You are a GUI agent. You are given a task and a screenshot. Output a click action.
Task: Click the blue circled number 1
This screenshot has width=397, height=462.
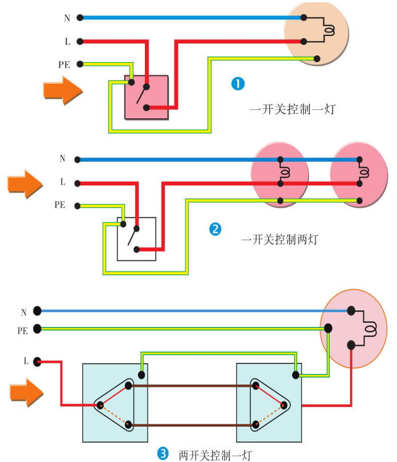click(x=237, y=84)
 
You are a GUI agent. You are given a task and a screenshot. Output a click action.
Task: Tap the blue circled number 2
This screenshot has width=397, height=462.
click(x=215, y=229)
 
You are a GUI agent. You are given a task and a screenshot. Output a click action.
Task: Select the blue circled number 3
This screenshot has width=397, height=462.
click(x=163, y=453)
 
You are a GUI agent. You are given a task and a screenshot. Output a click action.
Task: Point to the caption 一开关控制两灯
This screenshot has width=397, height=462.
click(x=280, y=240)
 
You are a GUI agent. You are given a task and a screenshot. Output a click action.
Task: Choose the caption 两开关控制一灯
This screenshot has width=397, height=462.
click(x=214, y=455)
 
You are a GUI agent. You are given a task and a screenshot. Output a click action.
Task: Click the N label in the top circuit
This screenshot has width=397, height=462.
click(x=67, y=18)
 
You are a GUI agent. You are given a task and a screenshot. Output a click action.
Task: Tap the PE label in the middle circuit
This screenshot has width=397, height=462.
click(x=60, y=205)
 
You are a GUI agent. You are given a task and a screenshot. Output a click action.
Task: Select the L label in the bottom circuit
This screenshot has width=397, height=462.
click(x=26, y=361)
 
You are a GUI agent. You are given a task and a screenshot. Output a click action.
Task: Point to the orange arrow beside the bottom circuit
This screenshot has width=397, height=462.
click(x=26, y=393)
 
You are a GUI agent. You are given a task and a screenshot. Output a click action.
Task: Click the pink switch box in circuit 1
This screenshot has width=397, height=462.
click(x=147, y=97)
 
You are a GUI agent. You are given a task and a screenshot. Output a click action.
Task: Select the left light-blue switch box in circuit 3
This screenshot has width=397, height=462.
click(x=115, y=403)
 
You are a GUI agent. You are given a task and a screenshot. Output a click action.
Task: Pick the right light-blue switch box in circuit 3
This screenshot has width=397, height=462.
click(x=269, y=403)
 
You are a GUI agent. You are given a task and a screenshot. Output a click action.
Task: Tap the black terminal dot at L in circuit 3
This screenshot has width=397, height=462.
click(x=37, y=361)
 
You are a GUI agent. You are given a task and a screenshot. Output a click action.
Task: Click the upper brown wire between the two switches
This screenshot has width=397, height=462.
click(x=191, y=386)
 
